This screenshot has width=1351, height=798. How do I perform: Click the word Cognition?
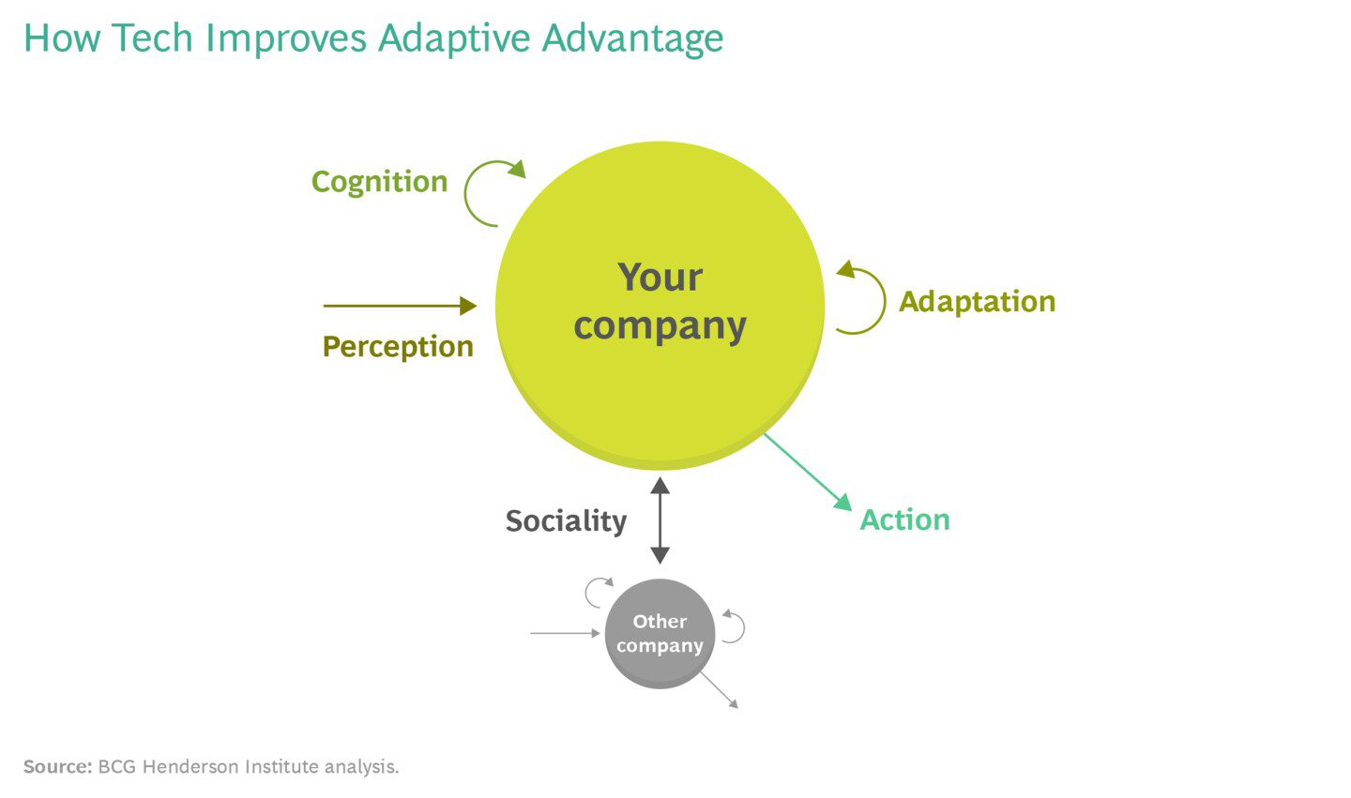tap(379, 182)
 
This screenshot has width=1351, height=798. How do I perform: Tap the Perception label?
tap(397, 347)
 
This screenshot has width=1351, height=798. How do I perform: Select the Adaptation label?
tap(977, 302)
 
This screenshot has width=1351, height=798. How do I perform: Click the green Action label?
tap(904, 520)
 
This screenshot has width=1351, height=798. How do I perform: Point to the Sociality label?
tap(566, 521)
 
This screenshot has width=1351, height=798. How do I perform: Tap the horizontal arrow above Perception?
tap(400, 306)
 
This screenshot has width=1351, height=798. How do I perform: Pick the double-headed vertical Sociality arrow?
tap(660, 520)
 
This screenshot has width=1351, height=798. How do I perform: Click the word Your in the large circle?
tap(660, 278)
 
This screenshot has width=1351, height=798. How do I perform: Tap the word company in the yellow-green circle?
tap(660, 326)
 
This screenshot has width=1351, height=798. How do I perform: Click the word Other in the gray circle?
tap(660, 622)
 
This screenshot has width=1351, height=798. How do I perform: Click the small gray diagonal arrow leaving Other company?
tap(720, 690)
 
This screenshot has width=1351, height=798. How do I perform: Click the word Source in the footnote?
tap(56, 767)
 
